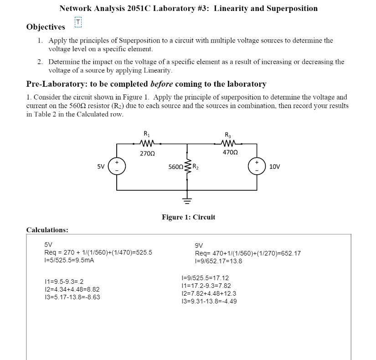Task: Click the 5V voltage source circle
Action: pos(117,166)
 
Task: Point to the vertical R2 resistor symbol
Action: pos(188,167)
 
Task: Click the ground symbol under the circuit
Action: pos(188,198)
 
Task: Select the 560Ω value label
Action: pos(175,167)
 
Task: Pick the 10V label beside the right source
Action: pos(275,167)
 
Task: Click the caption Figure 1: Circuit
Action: pos(188,217)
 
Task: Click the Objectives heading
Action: pos(46,27)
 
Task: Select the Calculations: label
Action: pos(47,230)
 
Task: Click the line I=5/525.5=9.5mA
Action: pos(69,260)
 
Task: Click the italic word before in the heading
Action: pos(162,84)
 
